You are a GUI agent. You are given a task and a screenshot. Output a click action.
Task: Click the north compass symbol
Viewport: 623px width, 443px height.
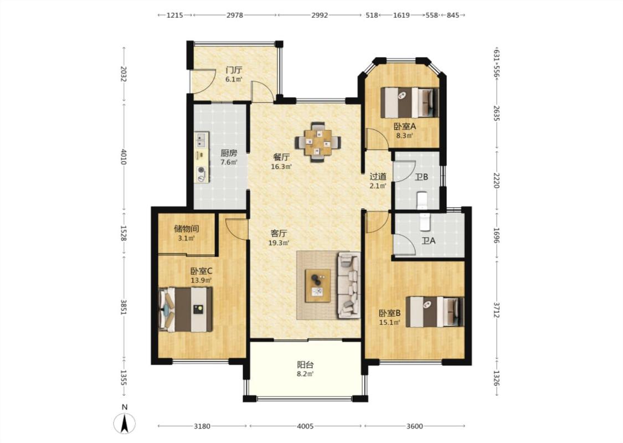125,423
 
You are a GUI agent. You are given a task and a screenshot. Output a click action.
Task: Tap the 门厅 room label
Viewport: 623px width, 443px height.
234,70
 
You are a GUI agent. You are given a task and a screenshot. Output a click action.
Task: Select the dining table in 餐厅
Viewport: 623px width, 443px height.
318,142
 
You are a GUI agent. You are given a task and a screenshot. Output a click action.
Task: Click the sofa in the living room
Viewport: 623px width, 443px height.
349,285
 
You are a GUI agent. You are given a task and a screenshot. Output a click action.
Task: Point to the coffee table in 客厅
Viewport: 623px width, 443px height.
318,286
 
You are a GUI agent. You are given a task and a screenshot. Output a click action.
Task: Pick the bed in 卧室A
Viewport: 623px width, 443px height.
410,102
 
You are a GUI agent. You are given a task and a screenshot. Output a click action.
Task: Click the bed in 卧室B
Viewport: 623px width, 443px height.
435,312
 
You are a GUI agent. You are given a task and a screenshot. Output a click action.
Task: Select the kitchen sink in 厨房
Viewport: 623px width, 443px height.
202,140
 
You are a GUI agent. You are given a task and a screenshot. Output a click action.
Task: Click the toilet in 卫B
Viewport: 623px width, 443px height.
422,200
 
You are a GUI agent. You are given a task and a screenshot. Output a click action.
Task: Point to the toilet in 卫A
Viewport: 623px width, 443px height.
425,221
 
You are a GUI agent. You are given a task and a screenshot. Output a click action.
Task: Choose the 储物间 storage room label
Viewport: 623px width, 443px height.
186,229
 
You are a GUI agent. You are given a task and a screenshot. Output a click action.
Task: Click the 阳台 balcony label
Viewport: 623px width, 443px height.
306,364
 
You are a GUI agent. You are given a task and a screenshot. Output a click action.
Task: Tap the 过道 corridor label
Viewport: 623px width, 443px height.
378,177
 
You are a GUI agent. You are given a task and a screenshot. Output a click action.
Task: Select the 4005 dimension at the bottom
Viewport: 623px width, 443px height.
305,426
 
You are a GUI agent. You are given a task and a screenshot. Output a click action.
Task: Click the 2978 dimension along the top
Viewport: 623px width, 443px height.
235,15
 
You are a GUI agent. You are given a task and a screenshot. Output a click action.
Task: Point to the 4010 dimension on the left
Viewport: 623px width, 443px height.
123,157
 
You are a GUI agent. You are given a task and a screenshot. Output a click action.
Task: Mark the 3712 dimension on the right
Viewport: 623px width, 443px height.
497,310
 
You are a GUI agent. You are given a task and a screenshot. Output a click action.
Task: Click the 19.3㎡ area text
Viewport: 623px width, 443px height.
279,243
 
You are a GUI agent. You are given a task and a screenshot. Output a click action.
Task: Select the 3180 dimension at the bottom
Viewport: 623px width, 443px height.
202,426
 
